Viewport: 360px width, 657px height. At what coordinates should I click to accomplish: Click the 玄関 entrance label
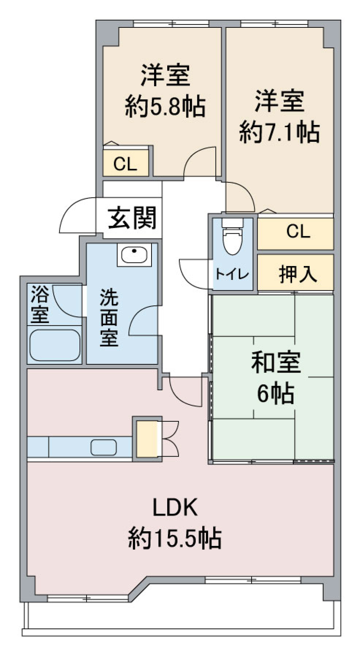point(132,218)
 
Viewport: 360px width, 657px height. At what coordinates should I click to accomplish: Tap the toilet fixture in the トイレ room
point(232,241)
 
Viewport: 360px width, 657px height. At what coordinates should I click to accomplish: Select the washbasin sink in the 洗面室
point(134,255)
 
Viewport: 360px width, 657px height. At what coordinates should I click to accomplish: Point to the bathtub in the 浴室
point(55,346)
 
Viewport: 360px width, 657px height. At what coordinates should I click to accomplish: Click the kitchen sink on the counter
point(103,447)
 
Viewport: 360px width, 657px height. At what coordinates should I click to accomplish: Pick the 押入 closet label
point(298,274)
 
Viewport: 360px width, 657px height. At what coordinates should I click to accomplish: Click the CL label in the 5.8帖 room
point(125,164)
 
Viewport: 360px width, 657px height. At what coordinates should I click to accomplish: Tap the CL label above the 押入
point(298,231)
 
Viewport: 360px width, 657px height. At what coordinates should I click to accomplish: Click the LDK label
point(175,507)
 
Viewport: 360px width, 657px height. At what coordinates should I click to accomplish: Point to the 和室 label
point(276,363)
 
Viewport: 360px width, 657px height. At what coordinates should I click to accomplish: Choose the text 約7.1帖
point(279,132)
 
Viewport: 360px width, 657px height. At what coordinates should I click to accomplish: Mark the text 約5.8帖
point(165,106)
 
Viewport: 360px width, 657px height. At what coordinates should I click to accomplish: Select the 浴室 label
point(40,304)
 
